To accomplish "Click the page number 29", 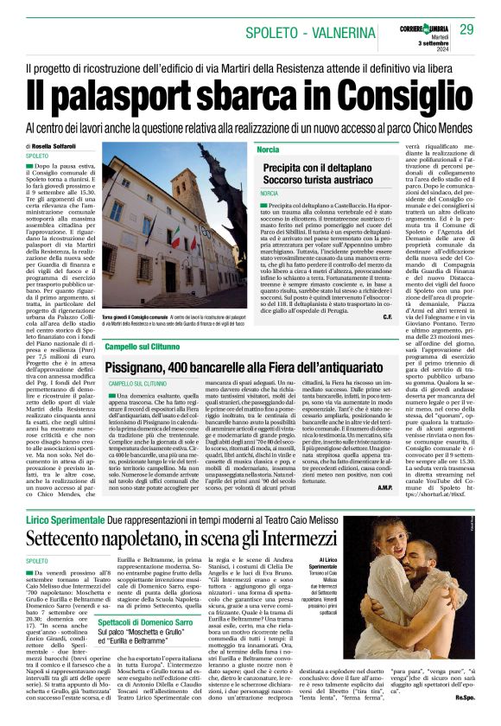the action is click(x=467, y=30).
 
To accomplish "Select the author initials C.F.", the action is click(x=385, y=317).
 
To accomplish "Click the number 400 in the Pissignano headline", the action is click(x=183, y=366).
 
